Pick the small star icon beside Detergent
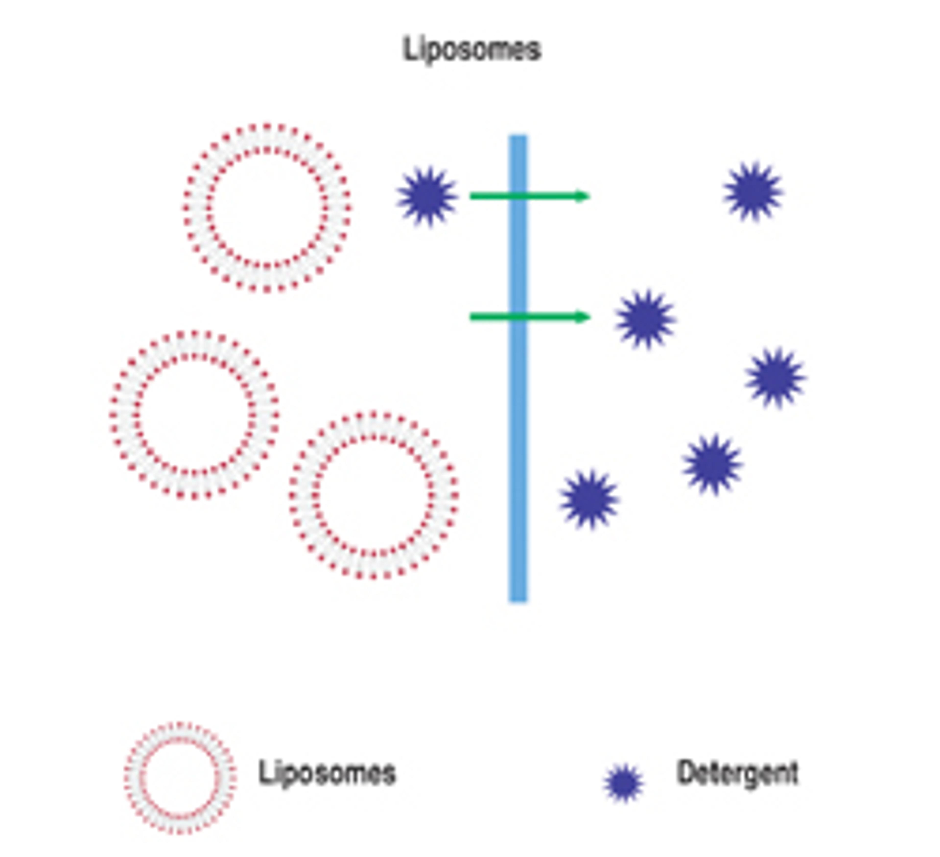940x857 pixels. [623, 783]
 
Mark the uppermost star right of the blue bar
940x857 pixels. [753, 191]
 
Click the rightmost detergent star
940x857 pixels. [775, 377]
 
